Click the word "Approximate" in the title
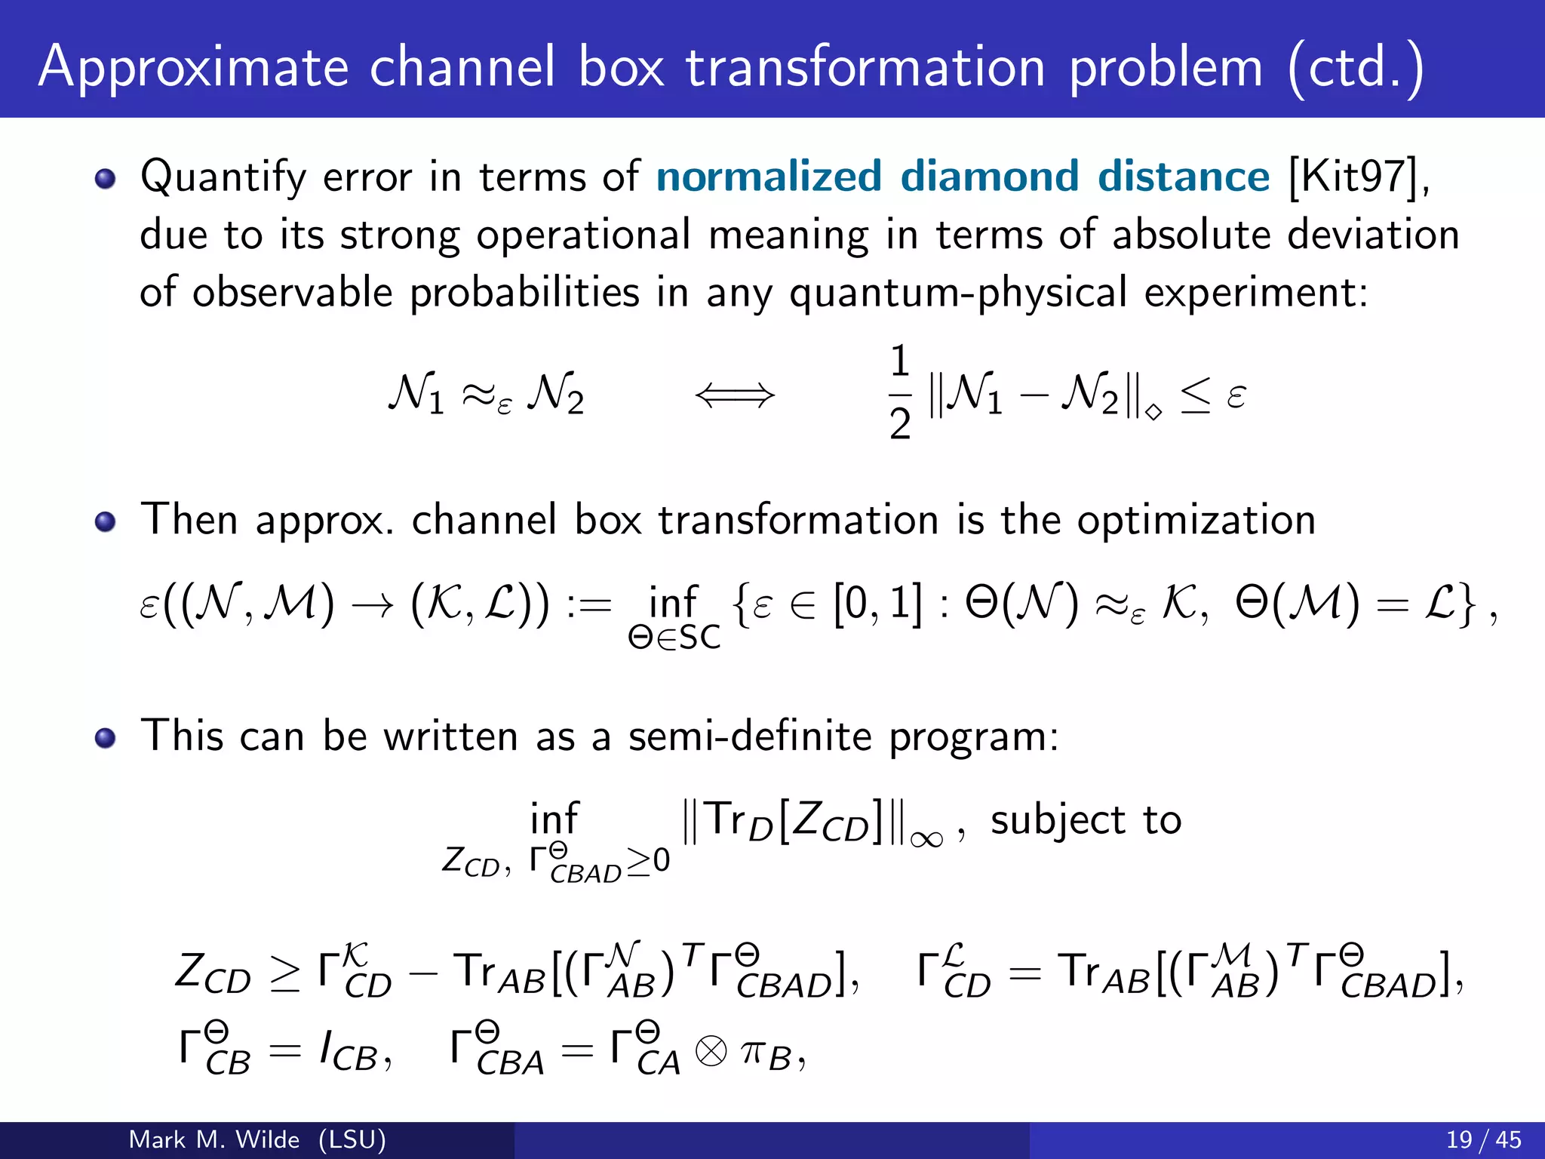click(194, 68)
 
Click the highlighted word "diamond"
click(990, 177)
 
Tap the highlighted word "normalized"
click(769, 177)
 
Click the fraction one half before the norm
click(899, 392)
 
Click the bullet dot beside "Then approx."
click(106, 522)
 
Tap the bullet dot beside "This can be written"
click(106, 738)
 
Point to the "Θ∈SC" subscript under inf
click(674, 638)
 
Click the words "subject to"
click(1086, 821)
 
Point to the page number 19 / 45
click(1483, 1139)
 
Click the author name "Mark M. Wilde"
click(214, 1139)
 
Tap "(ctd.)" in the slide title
click(1356, 68)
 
